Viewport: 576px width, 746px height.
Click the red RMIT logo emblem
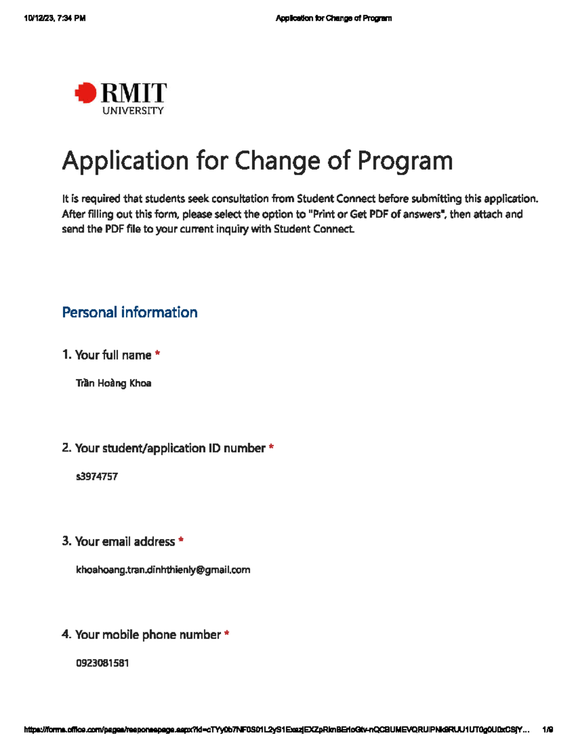coord(86,93)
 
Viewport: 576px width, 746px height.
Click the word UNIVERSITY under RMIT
coord(133,111)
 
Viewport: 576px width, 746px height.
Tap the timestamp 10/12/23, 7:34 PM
coord(55,18)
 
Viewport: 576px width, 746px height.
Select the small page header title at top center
coord(334,18)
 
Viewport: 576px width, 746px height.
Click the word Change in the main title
coord(277,161)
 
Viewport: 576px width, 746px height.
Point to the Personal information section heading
coord(130,312)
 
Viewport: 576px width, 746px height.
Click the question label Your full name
coord(113,355)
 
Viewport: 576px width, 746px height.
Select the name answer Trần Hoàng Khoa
coord(113,383)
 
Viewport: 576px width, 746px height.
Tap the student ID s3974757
coord(97,477)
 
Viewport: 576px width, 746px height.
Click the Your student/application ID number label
coord(170,448)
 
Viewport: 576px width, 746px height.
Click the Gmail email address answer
coord(163,570)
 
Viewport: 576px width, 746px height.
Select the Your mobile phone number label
coord(148,635)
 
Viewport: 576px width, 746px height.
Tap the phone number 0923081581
coord(102,663)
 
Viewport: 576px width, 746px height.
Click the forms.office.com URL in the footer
coord(276,730)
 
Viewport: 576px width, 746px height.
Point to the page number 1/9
coord(547,730)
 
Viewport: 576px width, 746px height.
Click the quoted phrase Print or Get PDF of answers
coord(376,214)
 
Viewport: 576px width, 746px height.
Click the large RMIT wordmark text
coord(134,93)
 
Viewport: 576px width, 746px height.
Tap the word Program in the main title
coord(405,161)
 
